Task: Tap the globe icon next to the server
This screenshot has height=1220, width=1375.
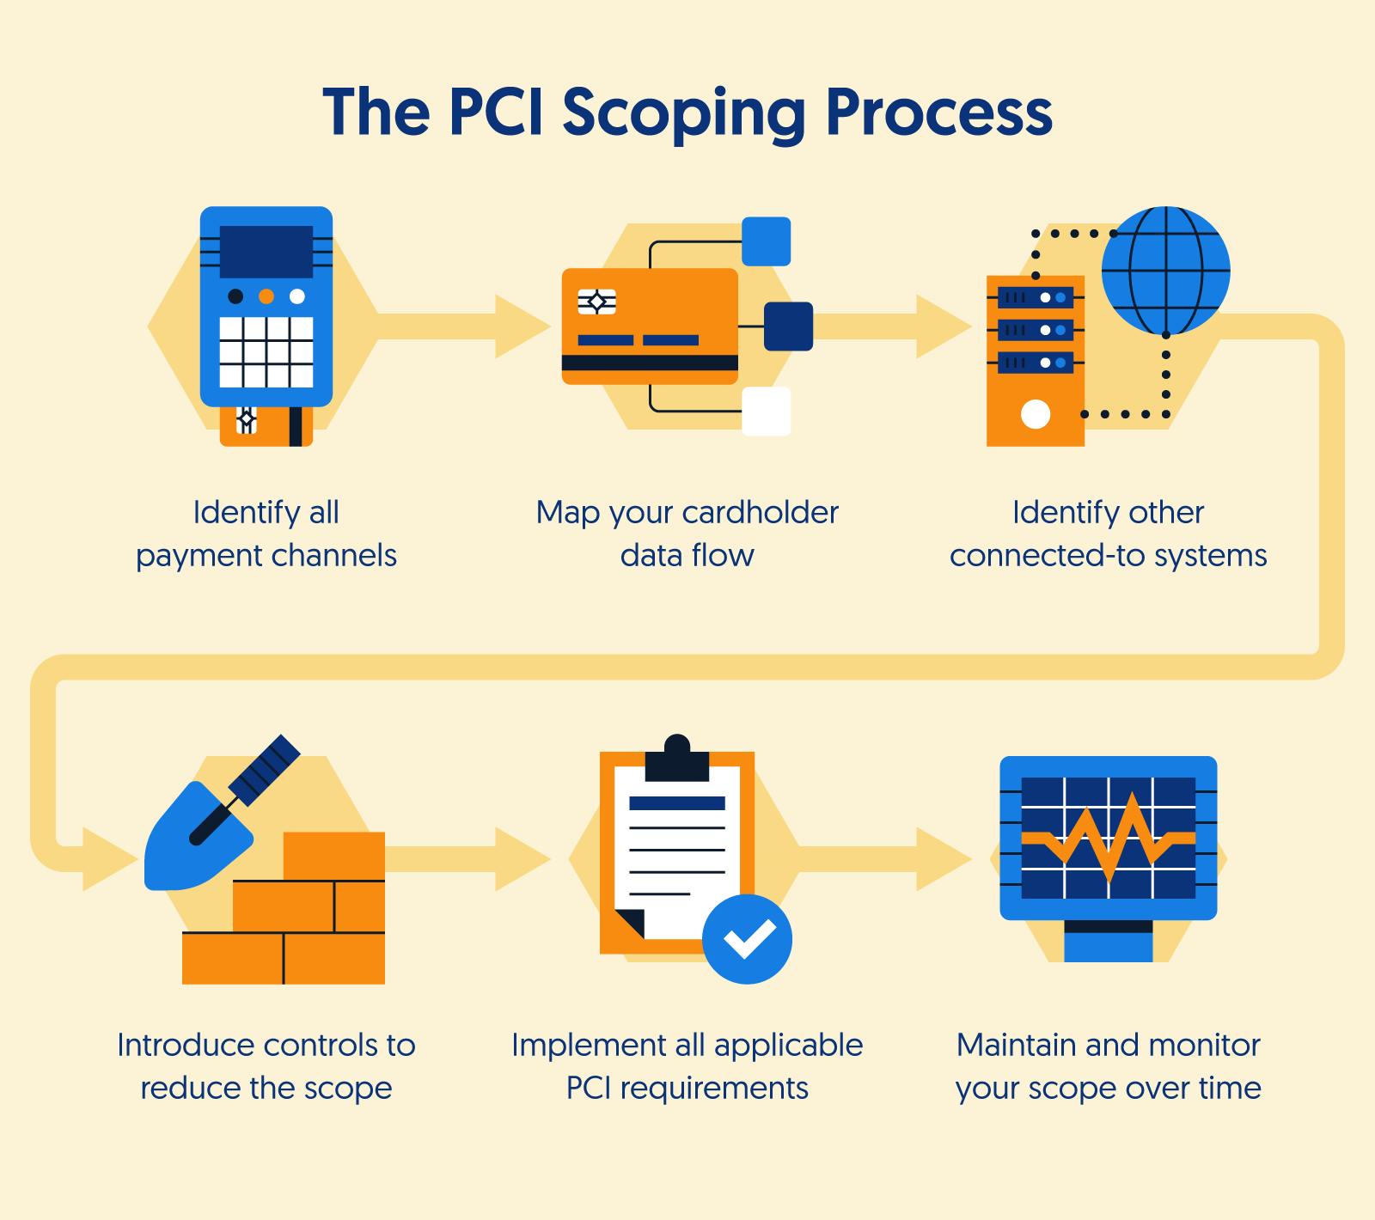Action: click(1165, 271)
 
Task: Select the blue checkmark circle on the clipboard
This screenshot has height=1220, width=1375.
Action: click(747, 938)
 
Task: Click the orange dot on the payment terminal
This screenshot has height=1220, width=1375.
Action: click(266, 296)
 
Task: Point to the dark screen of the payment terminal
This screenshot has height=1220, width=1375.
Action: click(266, 252)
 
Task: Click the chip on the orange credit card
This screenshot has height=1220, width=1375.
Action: click(596, 302)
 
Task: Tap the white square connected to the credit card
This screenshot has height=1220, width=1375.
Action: click(766, 412)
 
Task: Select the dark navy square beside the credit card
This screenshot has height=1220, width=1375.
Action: click(788, 326)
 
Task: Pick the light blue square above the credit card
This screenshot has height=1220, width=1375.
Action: click(766, 241)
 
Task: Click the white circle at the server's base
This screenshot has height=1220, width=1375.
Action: click(1036, 415)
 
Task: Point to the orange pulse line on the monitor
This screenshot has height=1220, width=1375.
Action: click(1109, 837)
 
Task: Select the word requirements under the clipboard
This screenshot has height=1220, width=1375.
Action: click(714, 1089)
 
